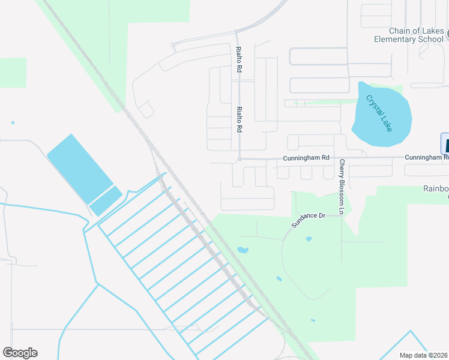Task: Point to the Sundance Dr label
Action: coord(308,219)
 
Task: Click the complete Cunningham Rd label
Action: coord(306,158)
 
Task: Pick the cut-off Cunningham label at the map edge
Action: coord(426,157)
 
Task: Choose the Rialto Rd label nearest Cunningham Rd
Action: coord(239,120)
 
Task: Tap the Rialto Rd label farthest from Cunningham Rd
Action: coord(239,60)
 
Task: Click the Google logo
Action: coord(20,353)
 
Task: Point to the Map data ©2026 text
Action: coord(424,355)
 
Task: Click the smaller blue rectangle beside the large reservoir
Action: coord(106,201)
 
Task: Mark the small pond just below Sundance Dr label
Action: coord(309,239)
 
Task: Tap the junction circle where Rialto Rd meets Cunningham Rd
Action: coord(239,159)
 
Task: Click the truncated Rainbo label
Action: coord(436,188)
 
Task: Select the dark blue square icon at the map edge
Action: coord(445,143)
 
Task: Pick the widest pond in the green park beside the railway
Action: coord(243,250)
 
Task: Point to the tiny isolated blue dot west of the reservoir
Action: coord(13,123)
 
